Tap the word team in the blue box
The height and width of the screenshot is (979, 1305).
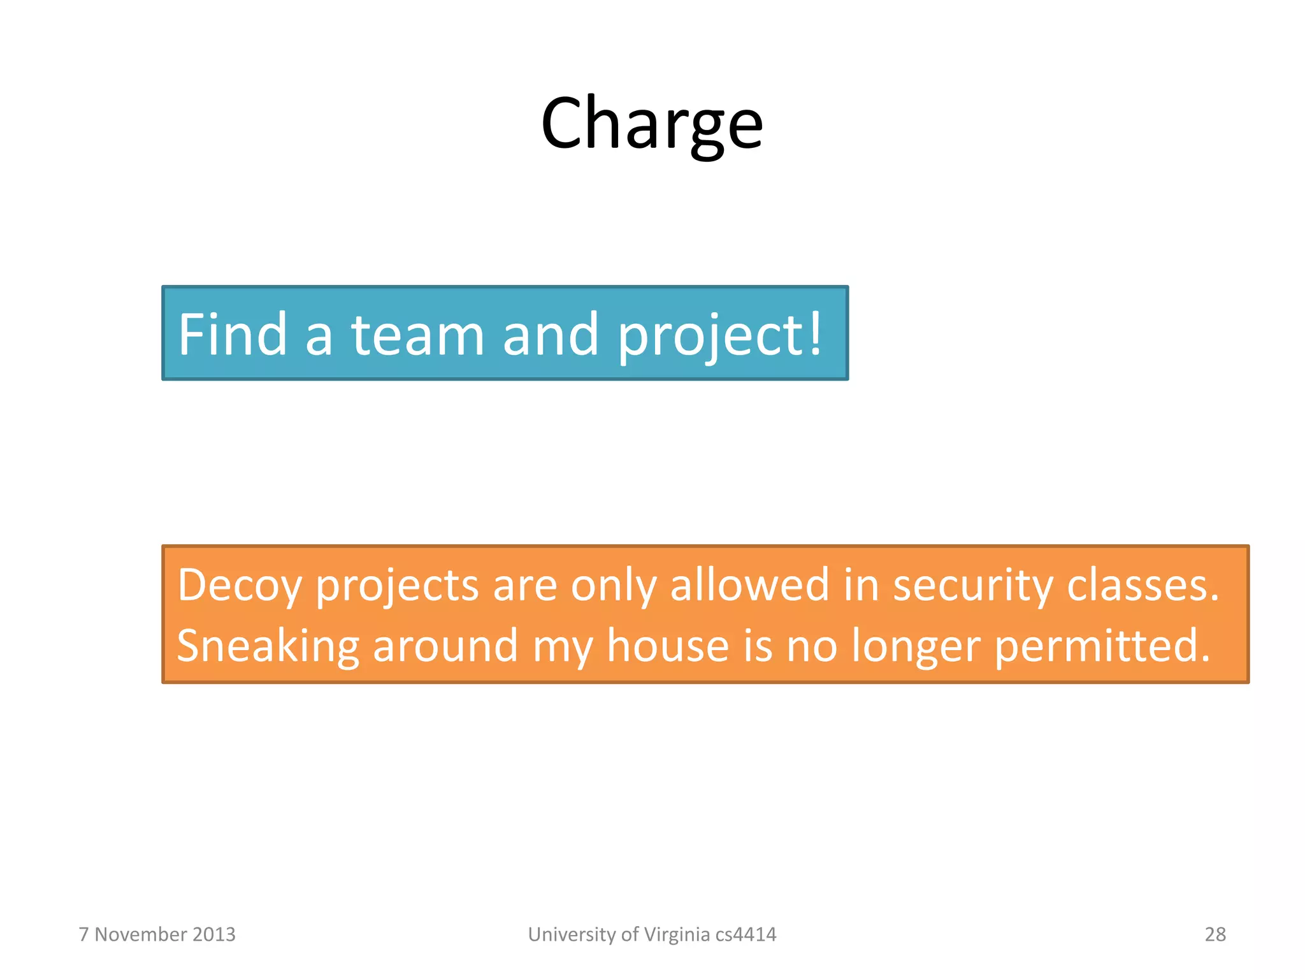(x=417, y=335)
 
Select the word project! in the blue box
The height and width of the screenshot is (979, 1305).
(x=720, y=335)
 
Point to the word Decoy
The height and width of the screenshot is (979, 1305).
(x=239, y=585)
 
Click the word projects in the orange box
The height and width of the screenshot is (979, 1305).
(x=397, y=585)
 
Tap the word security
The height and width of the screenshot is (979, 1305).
(x=972, y=585)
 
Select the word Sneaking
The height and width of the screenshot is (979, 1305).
(x=268, y=646)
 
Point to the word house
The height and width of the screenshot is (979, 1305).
(x=667, y=645)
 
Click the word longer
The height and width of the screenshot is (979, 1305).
(x=916, y=646)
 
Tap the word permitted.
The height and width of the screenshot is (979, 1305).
(x=1102, y=645)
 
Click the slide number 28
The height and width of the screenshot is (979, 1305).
(x=1215, y=934)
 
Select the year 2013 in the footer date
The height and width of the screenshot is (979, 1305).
(x=213, y=934)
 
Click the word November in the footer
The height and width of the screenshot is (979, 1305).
(x=141, y=934)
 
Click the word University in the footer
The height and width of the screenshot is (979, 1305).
(x=572, y=934)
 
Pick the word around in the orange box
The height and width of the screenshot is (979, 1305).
(x=445, y=645)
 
